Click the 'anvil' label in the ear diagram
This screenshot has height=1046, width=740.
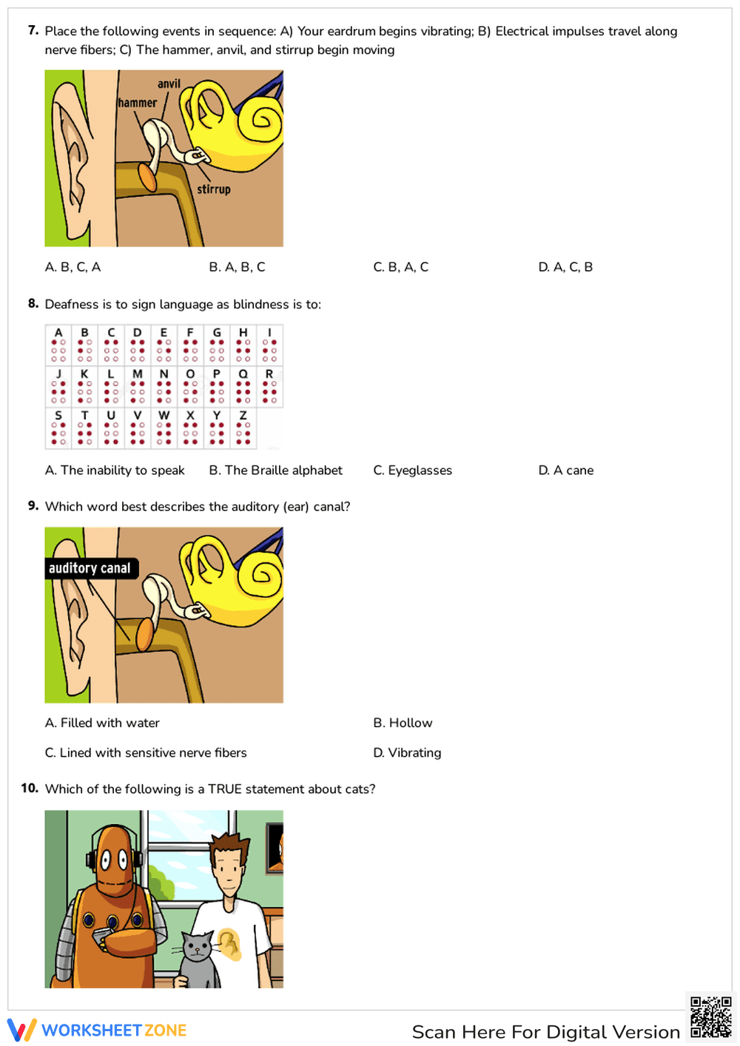coord(169,84)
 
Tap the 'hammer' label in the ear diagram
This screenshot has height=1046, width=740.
coord(138,103)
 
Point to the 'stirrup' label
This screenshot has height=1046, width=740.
coord(213,189)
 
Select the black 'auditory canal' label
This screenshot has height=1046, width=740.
coord(90,568)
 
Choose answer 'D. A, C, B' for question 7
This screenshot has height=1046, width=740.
coord(565,267)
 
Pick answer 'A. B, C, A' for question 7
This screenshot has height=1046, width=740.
coord(73,267)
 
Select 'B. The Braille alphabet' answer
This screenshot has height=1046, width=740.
coord(275,470)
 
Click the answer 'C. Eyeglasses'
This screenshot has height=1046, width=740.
coord(412,470)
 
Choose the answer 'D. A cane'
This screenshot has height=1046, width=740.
coord(565,470)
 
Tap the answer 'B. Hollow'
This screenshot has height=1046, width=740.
coord(403,723)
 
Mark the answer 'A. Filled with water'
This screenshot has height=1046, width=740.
coord(102,723)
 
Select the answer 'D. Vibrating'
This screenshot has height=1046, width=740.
coord(407,752)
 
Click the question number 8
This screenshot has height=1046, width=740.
coord(33,303)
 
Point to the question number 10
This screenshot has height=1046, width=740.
coord(30,789)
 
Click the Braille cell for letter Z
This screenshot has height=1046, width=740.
coord(243,429)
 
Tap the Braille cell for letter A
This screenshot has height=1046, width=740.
coord(58,345)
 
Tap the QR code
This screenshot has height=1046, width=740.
coord(710,1017)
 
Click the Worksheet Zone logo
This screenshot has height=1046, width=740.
coord(97,1030)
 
